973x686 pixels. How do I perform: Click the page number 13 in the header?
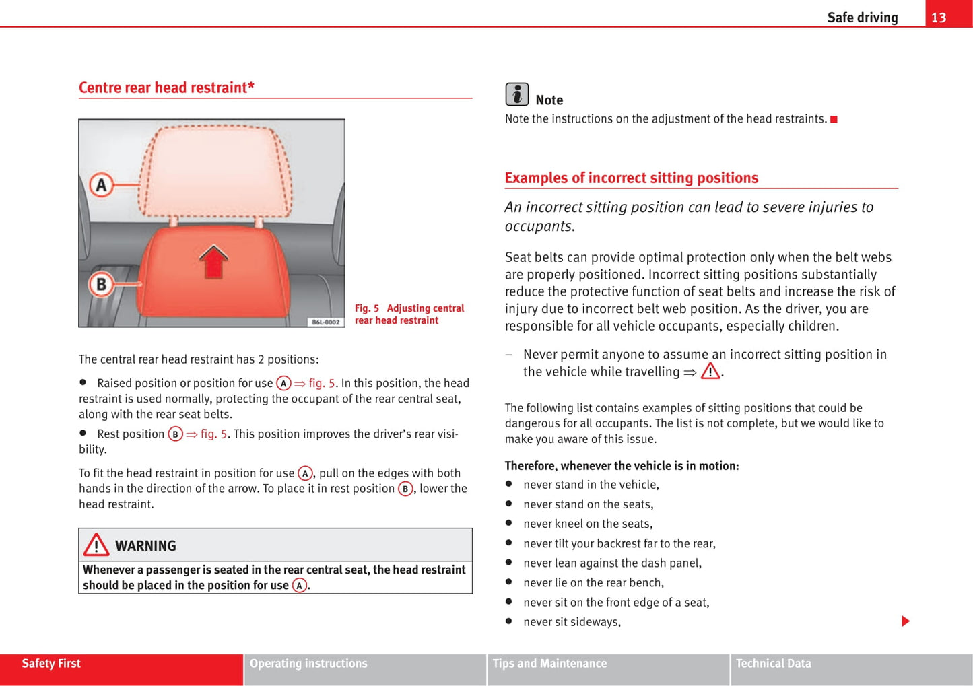(939, 18)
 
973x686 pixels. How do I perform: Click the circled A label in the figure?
(101, 184)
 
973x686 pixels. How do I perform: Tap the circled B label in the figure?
(101, 284)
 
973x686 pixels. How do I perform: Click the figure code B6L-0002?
(325, 322)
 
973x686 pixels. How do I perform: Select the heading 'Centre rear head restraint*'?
(166, 88)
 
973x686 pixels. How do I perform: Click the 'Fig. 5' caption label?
(367, 308)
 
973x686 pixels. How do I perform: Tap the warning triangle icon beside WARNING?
(96, 545)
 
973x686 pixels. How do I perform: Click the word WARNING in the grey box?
(145, 546)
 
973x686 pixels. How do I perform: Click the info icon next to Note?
(516, 94)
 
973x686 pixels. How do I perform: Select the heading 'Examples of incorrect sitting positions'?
(631, 178)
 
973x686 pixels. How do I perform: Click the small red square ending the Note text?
(834, 119)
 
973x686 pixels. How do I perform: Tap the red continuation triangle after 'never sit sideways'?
(905, 621)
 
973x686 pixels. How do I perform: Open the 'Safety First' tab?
(51, 664)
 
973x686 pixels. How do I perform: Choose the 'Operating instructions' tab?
(308, 664)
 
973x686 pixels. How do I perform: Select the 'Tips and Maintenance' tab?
(549, 664)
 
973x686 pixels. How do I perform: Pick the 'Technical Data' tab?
(773, 664)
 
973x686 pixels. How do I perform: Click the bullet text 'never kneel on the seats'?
(587, 524)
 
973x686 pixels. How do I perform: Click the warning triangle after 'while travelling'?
(710, 372)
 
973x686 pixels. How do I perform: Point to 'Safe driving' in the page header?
(862, 18)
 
